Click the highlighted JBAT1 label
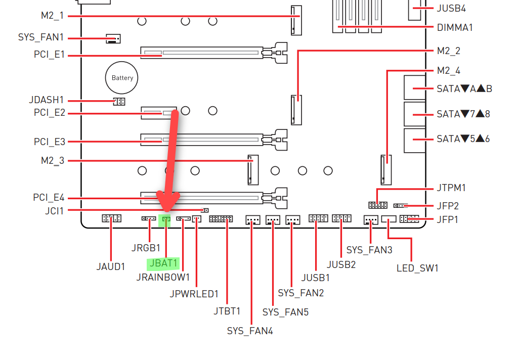point(163,263)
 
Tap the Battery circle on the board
point(122,78)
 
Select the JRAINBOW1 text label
point(163,277)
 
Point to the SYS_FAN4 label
point(250,331)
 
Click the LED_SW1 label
point(417,268)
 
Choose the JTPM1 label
point(451,188)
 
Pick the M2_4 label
point(448,71)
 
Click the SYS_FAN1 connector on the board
point(113,38)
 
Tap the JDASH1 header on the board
point(119,102)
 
